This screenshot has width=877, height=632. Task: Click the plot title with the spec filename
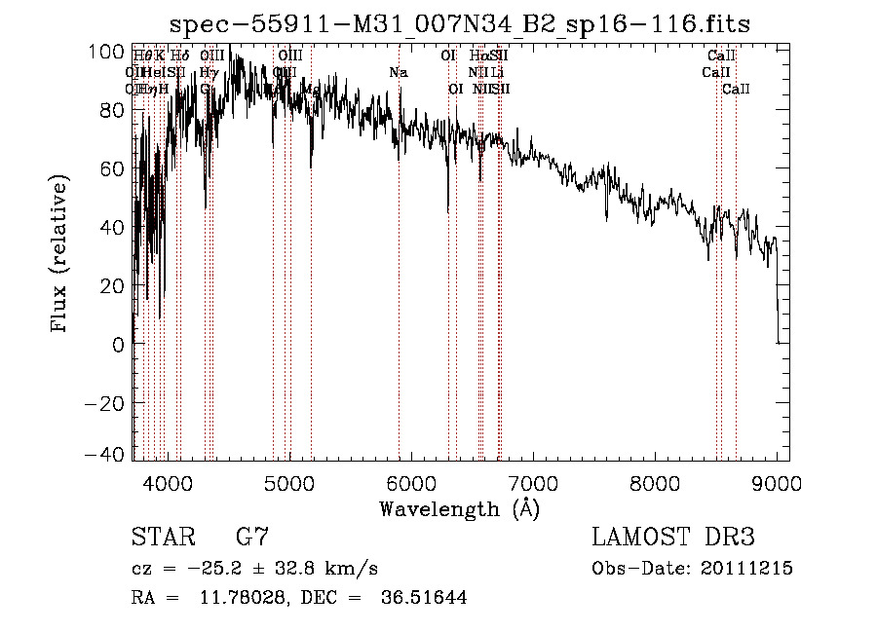click(x=460, y=22)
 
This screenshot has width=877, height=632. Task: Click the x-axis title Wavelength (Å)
click(x=459, y=508)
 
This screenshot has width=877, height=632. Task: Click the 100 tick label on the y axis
click(x=112, y=52)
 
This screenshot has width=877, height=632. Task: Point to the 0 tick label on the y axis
click(x=119, y=344)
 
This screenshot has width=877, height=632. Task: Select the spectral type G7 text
click(x=251, y=538)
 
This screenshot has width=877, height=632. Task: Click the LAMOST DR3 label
click(x=672, y=538)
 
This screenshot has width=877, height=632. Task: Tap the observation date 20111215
click(x=751, y=569)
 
